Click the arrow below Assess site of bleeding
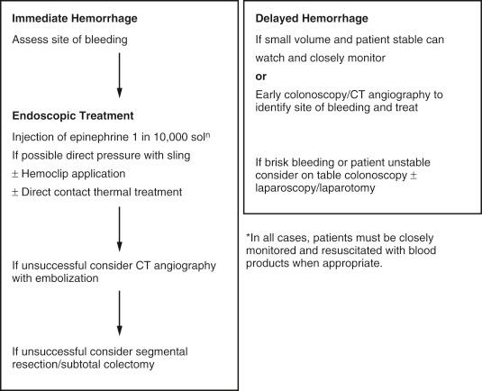tap(119, 78)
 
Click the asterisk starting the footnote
tap(248, 236)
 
